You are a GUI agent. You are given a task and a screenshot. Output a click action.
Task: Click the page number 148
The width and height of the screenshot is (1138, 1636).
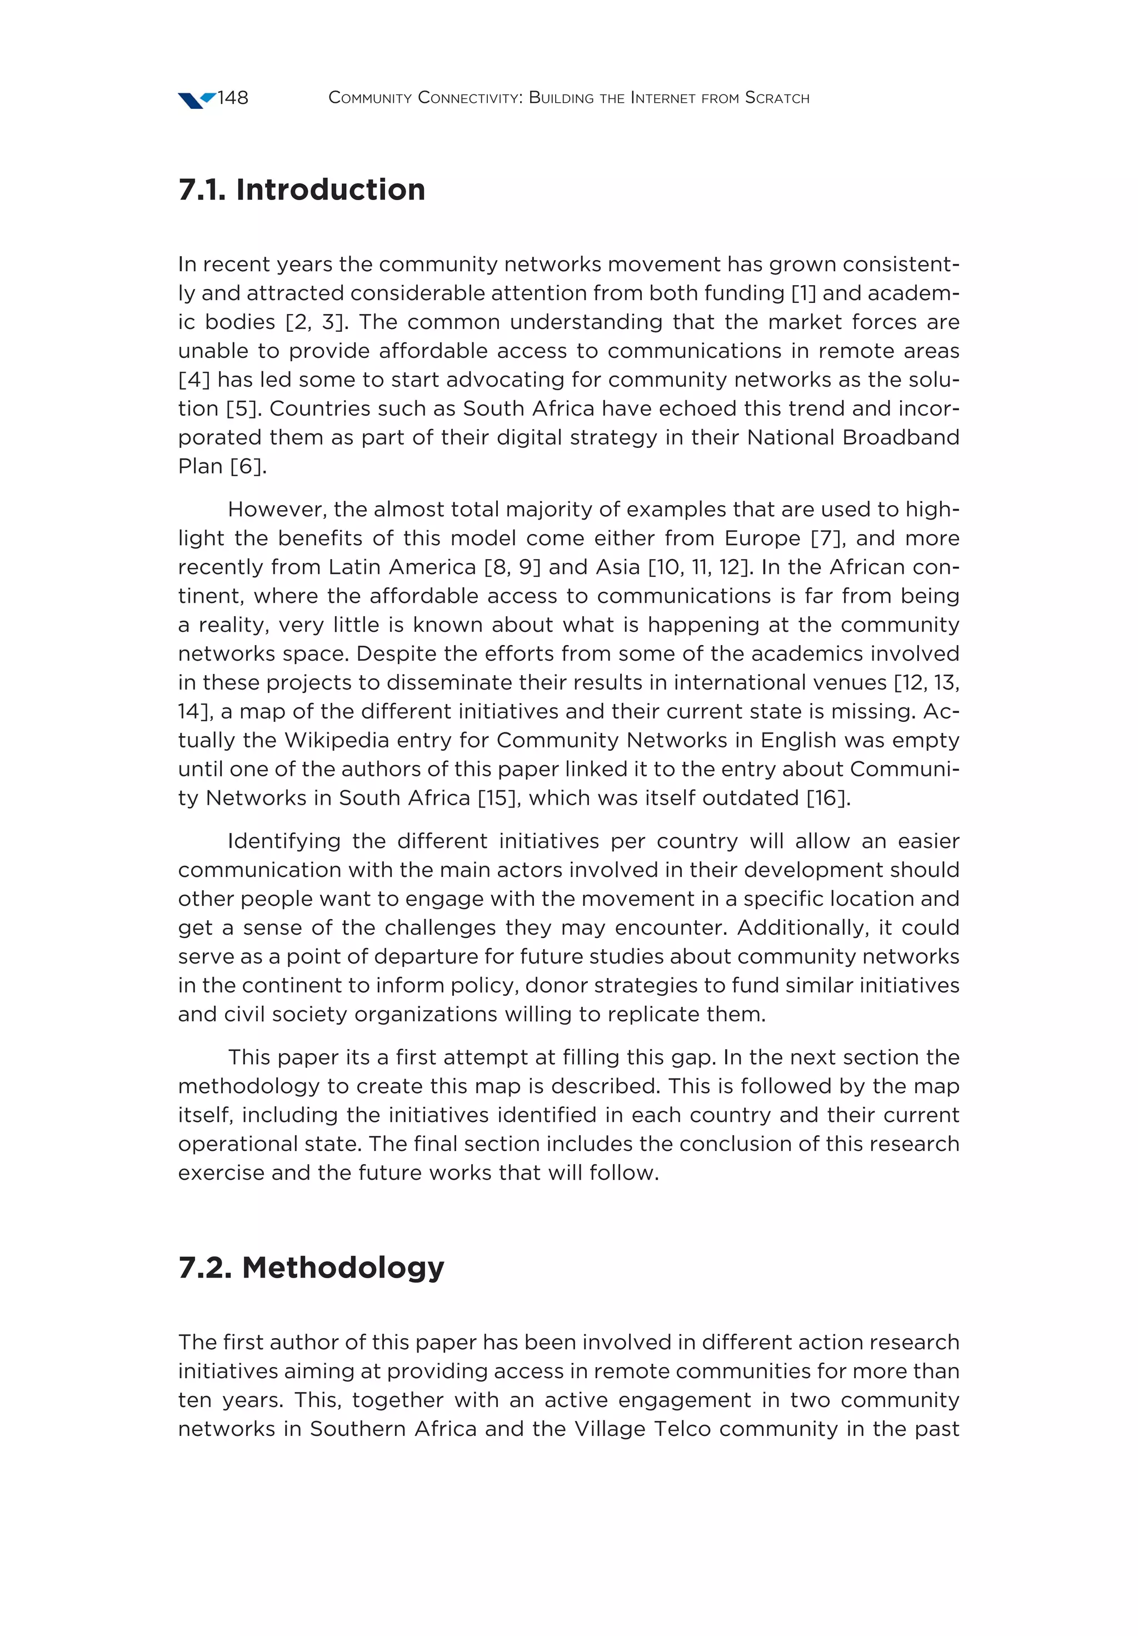tap(232, 98)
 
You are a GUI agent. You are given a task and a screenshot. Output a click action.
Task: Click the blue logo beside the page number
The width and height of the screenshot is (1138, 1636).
tap(197, 100)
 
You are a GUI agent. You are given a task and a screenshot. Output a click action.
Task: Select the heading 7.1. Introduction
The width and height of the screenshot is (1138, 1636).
tap(301, 189)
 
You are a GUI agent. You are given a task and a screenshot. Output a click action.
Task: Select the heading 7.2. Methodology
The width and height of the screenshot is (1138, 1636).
tap(311, 1268)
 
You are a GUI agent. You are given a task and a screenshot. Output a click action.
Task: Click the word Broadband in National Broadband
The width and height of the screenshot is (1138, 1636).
tap(900, 437)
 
